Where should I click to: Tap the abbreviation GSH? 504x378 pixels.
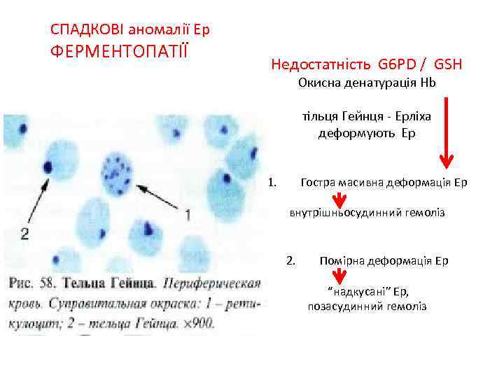pos(448,65)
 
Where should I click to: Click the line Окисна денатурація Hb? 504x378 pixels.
pos(366,83)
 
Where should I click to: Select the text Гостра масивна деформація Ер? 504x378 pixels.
pos(383,183)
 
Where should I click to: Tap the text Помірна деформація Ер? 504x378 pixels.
pos(384,260)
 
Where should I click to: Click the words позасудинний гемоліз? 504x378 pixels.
pos(367,307)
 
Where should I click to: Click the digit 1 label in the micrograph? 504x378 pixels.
pos(187,214)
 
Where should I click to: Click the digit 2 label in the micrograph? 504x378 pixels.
pos(25,233)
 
